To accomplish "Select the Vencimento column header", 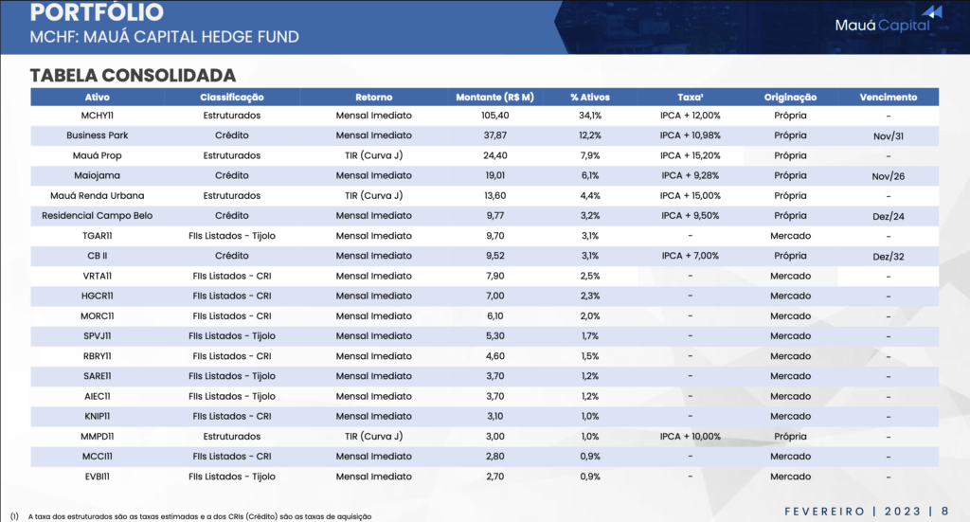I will pyautogui.click(x=888, y=97).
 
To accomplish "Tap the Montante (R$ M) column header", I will pyautogui.click(x=494, y=97).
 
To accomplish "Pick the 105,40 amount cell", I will pyautogui.click(x=494, y=116).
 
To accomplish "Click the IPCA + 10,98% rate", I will pyautogui.click(x=691, y=135).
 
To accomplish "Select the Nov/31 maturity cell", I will pyautogui.click(x=889, y=136).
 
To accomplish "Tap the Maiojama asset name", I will pyautogui.click(x=98, y=175).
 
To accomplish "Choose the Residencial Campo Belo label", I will pyautogui.click(x=98, y=215).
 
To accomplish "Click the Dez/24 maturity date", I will pyautogui.click(x=889, y=216).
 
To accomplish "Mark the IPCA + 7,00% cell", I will pyautogui.click(x=691, y=256).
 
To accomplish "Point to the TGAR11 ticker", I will pyautogui.click(x=98, y=236).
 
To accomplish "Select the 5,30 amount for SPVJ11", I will pyautogui.click(x=494, y=335).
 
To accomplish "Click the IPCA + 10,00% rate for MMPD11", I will pyautogui.click(x=691, y=437).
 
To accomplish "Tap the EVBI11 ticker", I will pyautogui.click(x=98, y=477).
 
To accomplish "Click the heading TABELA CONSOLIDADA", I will pyautogui.click(x=133, y=75).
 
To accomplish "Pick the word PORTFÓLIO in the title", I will pyautogui.click(x=96, y=13).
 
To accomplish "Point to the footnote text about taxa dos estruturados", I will pyautogui.click(x=199, y=516).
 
